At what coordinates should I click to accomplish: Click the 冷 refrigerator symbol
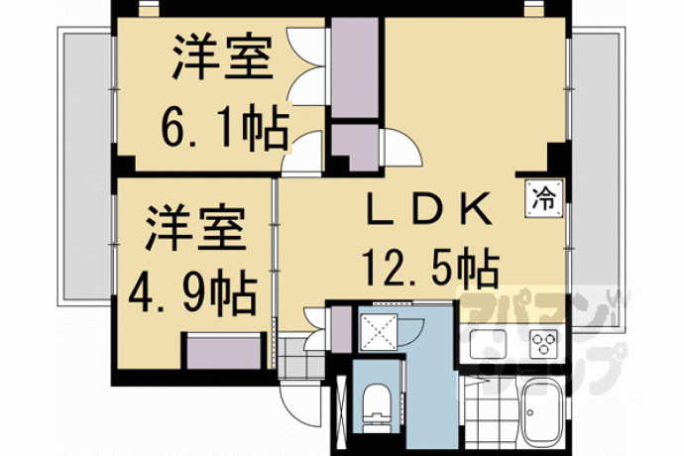[x=544, y=198]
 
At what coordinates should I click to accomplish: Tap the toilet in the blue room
[x=377, y=407]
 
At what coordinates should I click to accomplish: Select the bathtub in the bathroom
[x=542, y=411]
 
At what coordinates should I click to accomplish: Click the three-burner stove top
[x=543, y=343]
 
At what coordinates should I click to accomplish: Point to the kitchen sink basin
[x=488, y=344]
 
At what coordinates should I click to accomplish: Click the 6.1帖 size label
[x=225, y=128]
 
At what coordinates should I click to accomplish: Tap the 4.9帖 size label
[x=192, y=293]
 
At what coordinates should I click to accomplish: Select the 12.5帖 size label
[x=430, y=267]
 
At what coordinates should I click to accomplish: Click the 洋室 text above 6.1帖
[x=222, y=57]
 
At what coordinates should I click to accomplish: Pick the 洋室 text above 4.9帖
[x=195, y=227]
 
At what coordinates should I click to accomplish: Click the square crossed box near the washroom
[x=379, y=332]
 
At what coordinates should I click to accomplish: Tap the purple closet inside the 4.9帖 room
[x=224, y=352]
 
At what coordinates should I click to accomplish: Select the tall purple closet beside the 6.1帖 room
[x=355, y=67]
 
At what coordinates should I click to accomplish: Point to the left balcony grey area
[x=87, y=166]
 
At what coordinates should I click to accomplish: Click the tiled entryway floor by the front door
[x=301, y=358]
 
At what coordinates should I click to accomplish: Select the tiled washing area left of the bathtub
[x=490, y=411]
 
